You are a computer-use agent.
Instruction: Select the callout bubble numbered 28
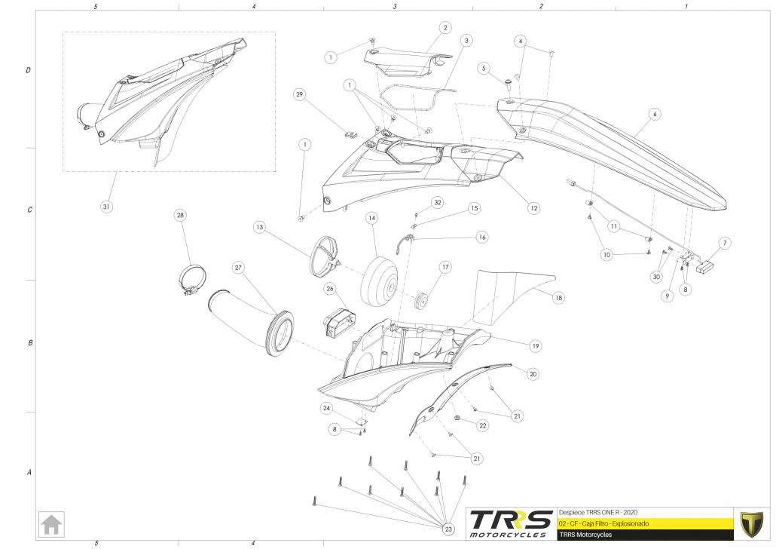point(180,215)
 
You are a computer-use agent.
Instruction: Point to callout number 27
point(238,267)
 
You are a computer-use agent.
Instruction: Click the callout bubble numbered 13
point(259,226)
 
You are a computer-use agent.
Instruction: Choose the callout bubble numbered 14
point(371,218)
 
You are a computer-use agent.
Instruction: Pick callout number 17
point(445,267)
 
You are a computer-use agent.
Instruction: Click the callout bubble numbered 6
point(655,114)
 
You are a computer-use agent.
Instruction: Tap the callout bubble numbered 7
point(725,243)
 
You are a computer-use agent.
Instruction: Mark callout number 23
point(449,530)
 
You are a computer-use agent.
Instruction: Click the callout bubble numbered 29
point(299,94)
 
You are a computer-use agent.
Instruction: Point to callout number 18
point(558,298)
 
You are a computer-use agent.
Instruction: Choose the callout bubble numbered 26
point(330,288)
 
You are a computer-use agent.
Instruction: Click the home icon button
point(52,523)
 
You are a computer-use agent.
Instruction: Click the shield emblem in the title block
point(750,523)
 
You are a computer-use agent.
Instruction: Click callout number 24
point(326,408)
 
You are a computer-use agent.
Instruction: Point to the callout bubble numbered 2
point(445,28)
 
